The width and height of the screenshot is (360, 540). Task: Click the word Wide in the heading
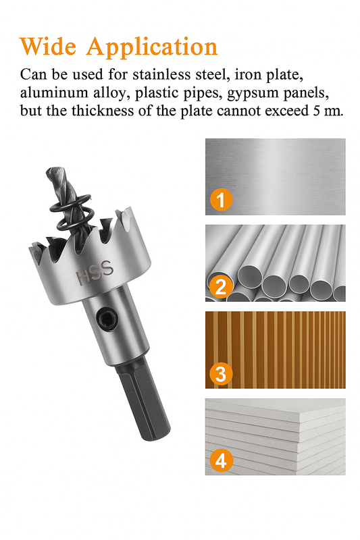pyautogui.click(x=48, y=46)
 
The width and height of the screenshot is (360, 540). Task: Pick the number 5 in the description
pyautogui.click(x=317, y=111)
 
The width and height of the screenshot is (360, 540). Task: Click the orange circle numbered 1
pyautogui.click(x=221, y=199)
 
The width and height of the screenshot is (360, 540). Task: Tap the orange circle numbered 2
pyautogui.click(x=221, y=286)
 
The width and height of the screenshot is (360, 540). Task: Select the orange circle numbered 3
pyautogui.click(x=221, y=373)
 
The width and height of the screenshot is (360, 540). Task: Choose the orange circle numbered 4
pyautogui.click(x=221, y=460)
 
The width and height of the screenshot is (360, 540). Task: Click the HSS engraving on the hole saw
pyautogui.click(x=95, y=272)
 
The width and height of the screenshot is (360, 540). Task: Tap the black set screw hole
pyautogui.click(x=105, y=318)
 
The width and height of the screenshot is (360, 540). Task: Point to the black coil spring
pyautogui.click(x=73, y=213)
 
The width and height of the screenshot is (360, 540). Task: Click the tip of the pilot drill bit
pyautogui.click(x=48, y=171)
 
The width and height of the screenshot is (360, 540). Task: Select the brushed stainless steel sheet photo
pyautogui.click(x=276, y=177)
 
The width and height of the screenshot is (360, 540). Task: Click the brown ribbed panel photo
pyautogui.click(x=276, y=350)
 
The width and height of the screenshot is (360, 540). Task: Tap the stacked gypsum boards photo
pyautogui.click(x=276, y=437)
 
